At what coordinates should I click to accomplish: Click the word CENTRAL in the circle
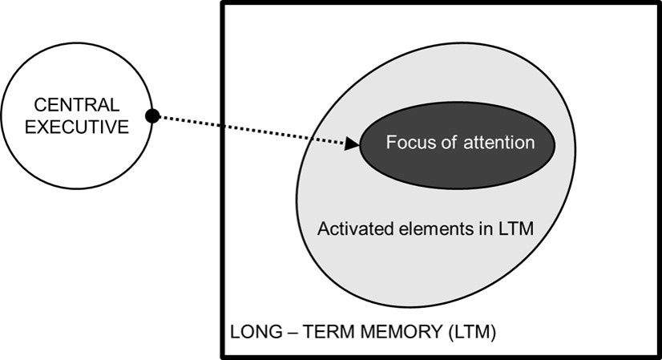[77, 105]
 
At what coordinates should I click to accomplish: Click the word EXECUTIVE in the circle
[77, 127]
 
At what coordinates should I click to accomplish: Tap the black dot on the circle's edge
[152, 116]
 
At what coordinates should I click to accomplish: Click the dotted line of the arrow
[248, 131]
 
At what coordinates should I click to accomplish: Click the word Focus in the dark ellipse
[408, 144]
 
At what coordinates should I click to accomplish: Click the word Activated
[349, 229]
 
